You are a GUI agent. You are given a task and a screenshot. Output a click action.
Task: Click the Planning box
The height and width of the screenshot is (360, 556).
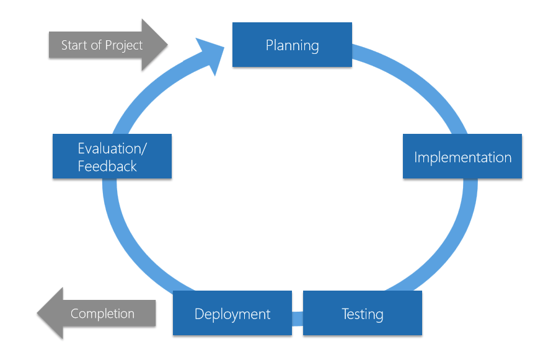pyautogui.click(x=292, y=45)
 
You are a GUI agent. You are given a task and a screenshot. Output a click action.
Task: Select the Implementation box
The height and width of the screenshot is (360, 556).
pyautogui.click(x=462, y=157)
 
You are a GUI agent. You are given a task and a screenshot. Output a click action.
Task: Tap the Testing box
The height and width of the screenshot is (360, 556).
pyautogui.click(x=363, y=314)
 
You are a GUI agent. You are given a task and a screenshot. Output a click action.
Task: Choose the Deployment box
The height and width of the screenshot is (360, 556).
pyautogui.click(x=232, y=314)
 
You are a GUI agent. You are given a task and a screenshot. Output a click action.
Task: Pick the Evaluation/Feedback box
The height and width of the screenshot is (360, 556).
pyautogui.click(x=112, y=157)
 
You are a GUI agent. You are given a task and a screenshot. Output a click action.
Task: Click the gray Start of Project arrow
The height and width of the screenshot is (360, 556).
pyautogui.click(x=108, y=45)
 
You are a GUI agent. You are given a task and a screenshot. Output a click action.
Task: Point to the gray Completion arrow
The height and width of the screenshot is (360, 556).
pyautogui.click(x=96, y=314)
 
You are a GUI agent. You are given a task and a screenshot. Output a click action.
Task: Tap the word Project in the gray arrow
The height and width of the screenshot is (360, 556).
pyautogui.click(x=124, y=45)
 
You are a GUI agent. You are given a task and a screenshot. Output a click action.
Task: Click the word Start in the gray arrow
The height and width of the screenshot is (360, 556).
pyautogui.click(x=74, y=45)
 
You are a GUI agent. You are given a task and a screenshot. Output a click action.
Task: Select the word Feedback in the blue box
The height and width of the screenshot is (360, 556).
pyautogui.click(x=107, y=166)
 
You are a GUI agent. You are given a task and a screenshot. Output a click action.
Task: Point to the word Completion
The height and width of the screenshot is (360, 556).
pyautogui.click(x=102, y=314)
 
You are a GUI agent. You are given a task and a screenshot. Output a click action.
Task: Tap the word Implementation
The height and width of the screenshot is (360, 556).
pyautogui.click(x=462, y=157)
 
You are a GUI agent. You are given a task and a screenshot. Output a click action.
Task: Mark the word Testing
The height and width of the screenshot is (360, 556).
pyautogui.click(x=363, y=314)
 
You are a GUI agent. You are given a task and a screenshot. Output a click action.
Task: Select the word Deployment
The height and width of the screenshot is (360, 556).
pyautogui.click(x=232, y=314)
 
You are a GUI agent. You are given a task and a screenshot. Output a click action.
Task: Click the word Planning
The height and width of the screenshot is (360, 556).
pyautogui.click(x=292, y=45)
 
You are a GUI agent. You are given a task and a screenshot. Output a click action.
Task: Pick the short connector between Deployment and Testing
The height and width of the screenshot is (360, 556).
pyautogui.click(x=298, y=318)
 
